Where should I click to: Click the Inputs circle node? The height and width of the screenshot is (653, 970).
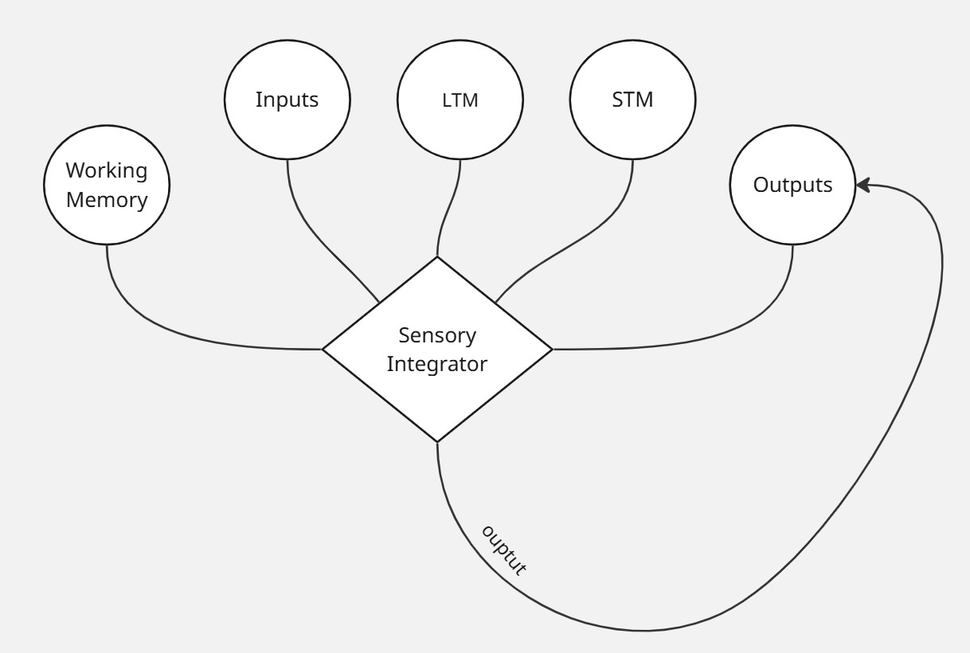[287, 100]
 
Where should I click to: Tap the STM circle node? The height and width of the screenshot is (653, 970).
[632, 100]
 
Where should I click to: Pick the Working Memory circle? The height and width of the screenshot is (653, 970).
[107, 186]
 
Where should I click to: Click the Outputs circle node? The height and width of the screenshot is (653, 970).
[792, 186]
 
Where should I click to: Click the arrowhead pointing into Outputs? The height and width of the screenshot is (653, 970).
[862, 186]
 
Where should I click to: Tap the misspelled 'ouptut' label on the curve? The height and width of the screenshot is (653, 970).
[503, 549]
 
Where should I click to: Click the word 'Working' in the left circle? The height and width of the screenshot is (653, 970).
[107, 171]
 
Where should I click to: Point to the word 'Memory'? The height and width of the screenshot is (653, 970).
[107, 200]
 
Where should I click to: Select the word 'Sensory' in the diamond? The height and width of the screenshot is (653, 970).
[437, 336]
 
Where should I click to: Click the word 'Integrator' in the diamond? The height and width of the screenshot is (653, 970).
[437, 365]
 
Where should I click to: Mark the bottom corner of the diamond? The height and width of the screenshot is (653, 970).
[437, 440]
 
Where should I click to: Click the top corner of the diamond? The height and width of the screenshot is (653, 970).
[437, 258]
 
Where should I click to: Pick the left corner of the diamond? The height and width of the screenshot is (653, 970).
[323, 349]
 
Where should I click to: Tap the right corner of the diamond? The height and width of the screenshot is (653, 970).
[551, 349]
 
